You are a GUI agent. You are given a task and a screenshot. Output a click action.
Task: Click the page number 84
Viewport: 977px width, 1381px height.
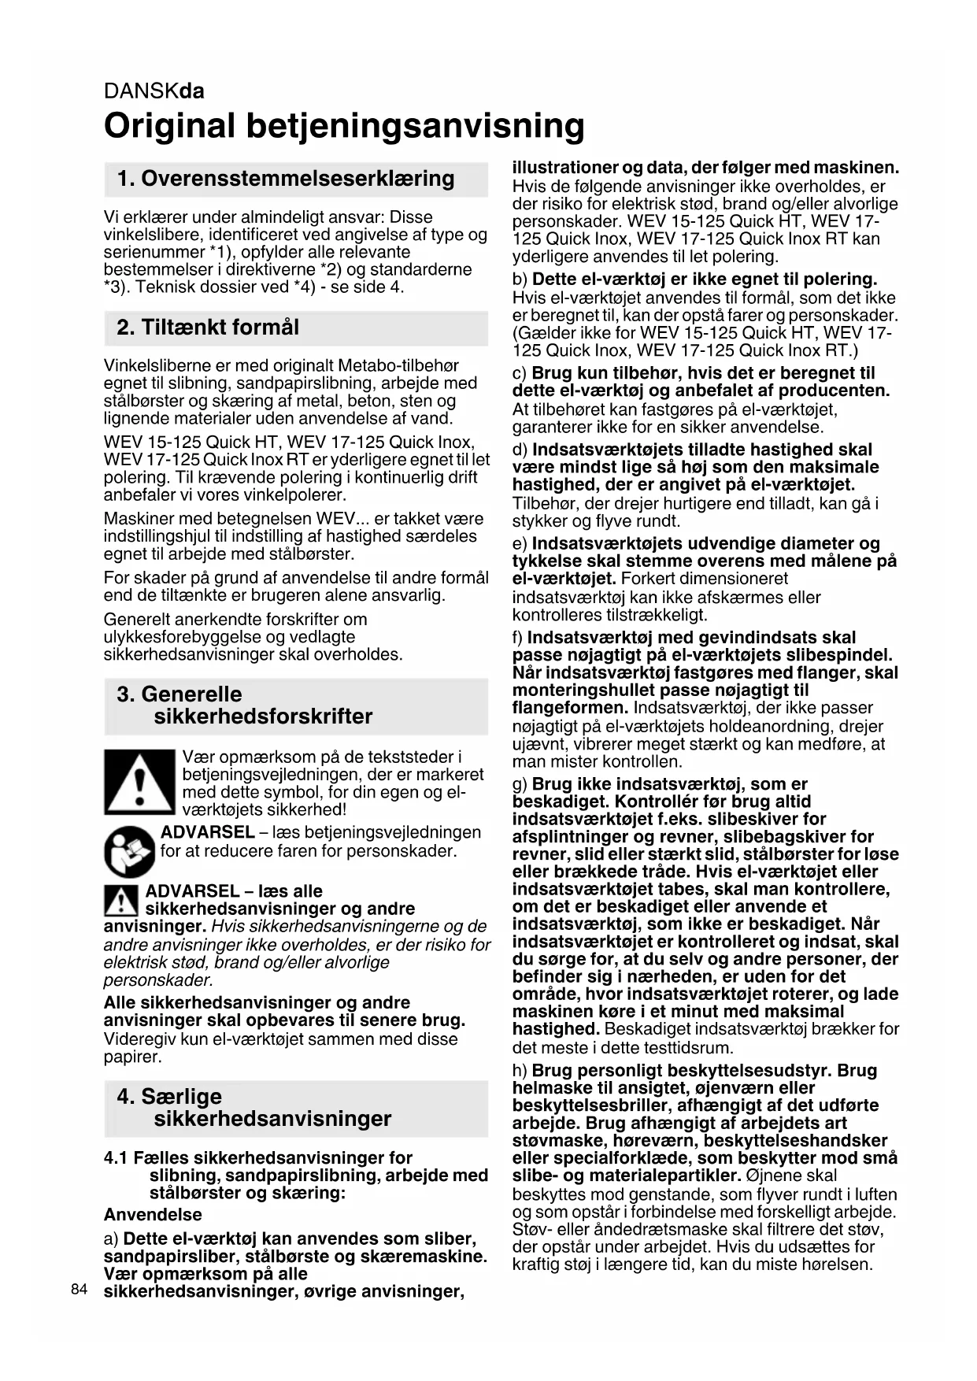tap(78, 1289)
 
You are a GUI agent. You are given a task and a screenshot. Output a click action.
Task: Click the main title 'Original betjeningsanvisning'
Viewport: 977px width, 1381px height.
tap(344, 126)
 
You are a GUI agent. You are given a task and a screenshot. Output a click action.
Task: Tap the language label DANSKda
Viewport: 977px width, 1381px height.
tap(154, 91)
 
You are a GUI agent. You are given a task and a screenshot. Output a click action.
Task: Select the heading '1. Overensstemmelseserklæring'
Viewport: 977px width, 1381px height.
tap(285, 179)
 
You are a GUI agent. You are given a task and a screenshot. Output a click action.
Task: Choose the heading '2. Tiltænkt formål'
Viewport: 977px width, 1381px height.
tap(208, 328)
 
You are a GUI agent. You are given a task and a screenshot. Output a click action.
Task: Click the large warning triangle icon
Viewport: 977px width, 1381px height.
tap(139, 782)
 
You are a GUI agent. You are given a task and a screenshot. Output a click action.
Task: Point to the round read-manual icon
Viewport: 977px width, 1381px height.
tap(129, 852)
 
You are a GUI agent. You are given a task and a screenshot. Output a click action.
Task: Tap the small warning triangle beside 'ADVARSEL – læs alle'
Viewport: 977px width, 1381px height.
tap(120, 900)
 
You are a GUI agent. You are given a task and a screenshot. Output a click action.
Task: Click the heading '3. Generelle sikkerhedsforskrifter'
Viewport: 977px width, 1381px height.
tap(244, 705)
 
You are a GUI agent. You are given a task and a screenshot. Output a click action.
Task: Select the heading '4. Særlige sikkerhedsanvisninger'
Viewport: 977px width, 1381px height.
tap(254, 1108)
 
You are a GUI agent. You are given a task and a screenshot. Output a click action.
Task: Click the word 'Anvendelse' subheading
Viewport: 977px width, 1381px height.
tap(153, 1215)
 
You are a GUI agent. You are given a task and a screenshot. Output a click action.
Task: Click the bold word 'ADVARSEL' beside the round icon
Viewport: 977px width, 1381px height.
tap(207, 833)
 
